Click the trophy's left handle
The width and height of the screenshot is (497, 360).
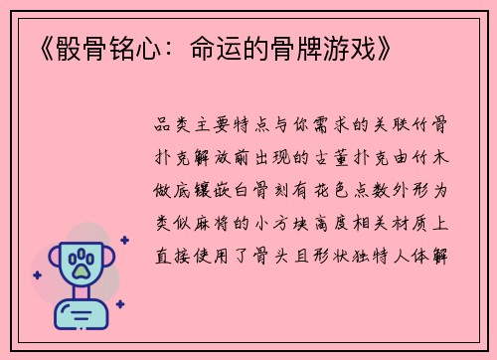pyautogui.click(x=50, y=256)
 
